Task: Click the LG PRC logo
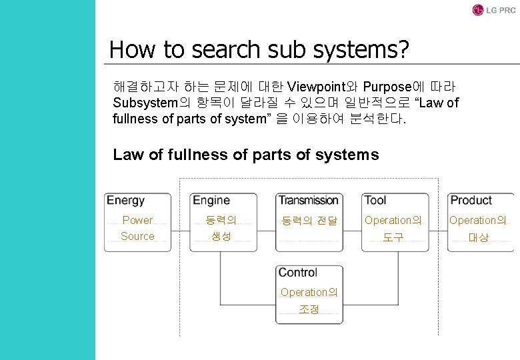pos(494,10)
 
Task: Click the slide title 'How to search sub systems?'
pos(259,49)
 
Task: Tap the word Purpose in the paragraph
pos(389,87)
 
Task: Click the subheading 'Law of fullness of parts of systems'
pos(246,155)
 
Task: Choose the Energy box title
pos(126,200)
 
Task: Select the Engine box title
pos(211,200)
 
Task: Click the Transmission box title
pos(309,200)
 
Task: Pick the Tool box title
pos(375,200)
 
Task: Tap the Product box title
pos(471,200)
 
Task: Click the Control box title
pos(298,272)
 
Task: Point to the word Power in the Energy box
pos(137,220)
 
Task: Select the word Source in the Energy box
pos(137,236)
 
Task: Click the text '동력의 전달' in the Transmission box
pos(309,220)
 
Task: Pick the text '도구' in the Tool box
pos(393,237)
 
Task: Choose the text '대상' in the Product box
pos(478,237)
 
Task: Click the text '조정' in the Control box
pos(309,309)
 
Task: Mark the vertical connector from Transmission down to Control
pos(309,258)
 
